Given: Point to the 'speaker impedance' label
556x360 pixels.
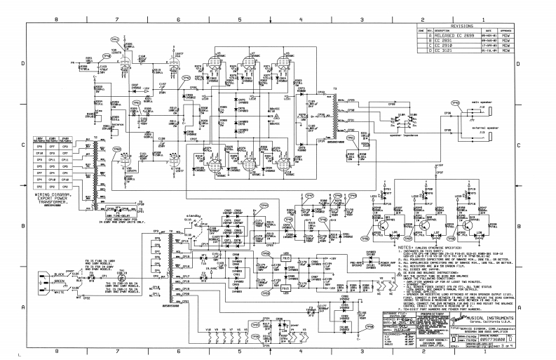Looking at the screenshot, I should tap(399, 133).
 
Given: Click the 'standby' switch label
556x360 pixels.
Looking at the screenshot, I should tap(193, 208).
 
